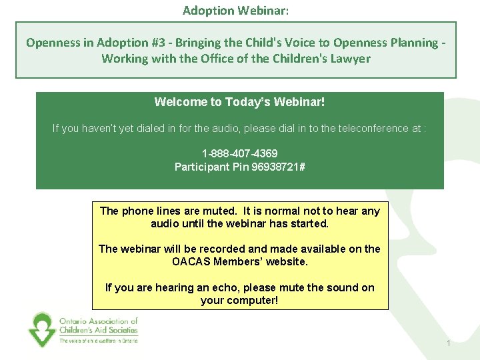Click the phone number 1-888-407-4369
tap(239, 153)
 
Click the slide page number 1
tap(449, 343)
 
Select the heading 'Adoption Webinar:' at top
tap(236, 11)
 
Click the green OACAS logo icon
tap(41, 329)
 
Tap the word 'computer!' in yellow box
tap(255, 301)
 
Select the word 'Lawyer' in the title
tap(351, 59)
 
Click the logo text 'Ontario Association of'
tap(99, 321)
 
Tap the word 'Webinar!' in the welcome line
tap(299, 102)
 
